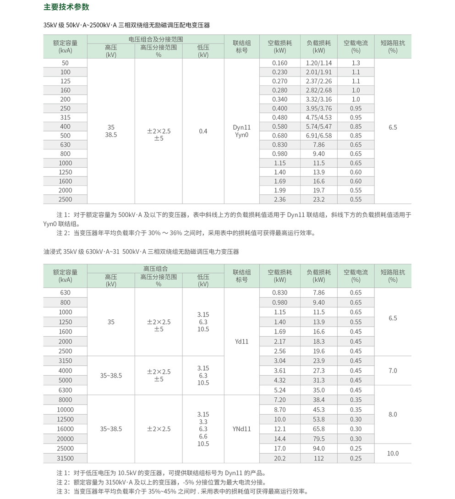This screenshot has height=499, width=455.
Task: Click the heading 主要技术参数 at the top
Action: tap(66, 7)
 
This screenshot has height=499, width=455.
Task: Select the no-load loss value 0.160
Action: tap(280, 63)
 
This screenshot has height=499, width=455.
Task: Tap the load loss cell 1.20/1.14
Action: tap(318, 63)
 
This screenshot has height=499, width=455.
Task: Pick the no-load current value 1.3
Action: tap(356, 63)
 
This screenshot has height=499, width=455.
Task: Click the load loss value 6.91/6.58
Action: tap(318, 136)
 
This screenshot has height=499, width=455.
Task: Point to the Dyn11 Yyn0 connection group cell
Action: tap(241, 131)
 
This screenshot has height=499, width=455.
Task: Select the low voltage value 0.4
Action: tap(203, 131)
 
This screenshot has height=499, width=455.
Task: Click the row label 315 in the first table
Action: tap(66, 117)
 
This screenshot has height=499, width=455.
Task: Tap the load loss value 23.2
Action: tap(318, 199)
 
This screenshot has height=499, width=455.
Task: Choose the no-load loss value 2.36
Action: tap(280, 199)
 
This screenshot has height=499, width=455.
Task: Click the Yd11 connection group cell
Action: tap(241, 341)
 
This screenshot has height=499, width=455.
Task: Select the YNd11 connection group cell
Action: tap(241, 429)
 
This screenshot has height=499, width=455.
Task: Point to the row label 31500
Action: tap(66, 458)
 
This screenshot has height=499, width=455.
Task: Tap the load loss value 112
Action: tap(318, 458)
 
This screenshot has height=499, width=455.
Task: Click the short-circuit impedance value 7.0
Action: tap(393, 371)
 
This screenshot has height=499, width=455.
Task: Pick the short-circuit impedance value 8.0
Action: tap(393, 414)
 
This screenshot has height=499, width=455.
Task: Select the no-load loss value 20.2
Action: tap(280, 458)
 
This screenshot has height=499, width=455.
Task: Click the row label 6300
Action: tap(66, 390)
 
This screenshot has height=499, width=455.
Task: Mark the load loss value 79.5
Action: tap(318, 439)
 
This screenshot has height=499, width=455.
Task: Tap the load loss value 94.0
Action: tap(318, 449)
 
